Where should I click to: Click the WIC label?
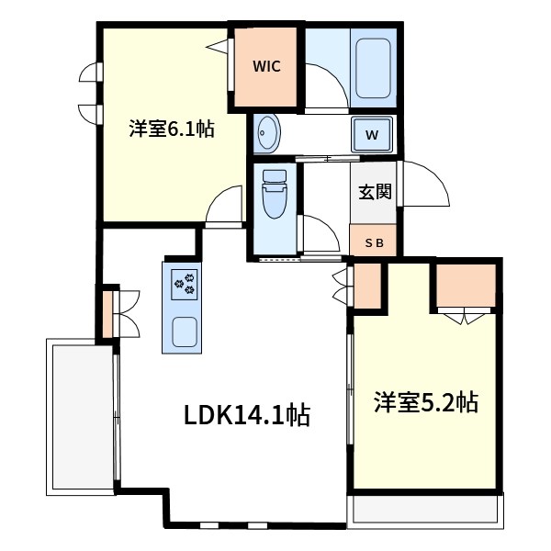coord(266,66)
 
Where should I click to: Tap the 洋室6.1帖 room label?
coord(171,129)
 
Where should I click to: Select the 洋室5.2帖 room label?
coord(424,402)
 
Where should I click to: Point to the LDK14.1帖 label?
coord(246,416)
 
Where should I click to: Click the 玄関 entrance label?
coord(375,192)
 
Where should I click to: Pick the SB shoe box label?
coord(375,243)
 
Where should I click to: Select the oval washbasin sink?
coord(267,134)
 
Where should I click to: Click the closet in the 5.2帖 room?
coord(467,287)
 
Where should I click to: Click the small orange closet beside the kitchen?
coord(109,312)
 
